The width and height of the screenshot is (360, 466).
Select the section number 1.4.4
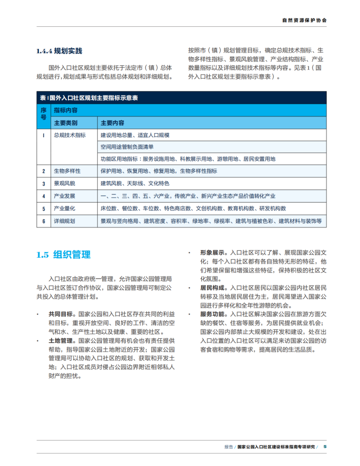pos(44,51)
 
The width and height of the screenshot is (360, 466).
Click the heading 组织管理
pos(71,254)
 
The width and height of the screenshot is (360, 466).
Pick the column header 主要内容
pos(112,123)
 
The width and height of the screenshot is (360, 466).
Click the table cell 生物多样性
pos(67,171)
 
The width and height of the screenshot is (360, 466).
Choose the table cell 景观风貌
pos(64,183)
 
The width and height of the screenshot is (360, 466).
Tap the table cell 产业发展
pos(64,196)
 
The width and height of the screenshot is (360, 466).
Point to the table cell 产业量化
pos(64,209)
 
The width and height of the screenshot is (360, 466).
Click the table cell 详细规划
pos(64,221)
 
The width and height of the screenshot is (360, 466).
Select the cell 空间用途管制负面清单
pos(127,147)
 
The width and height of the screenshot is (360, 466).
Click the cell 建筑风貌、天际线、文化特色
pos(134,183)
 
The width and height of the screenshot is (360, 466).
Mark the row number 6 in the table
pos(44,221)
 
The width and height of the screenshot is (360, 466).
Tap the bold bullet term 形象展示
pos(212,252)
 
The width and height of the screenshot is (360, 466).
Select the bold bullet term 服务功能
pos(212,315)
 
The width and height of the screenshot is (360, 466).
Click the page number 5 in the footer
pos(325,446)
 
